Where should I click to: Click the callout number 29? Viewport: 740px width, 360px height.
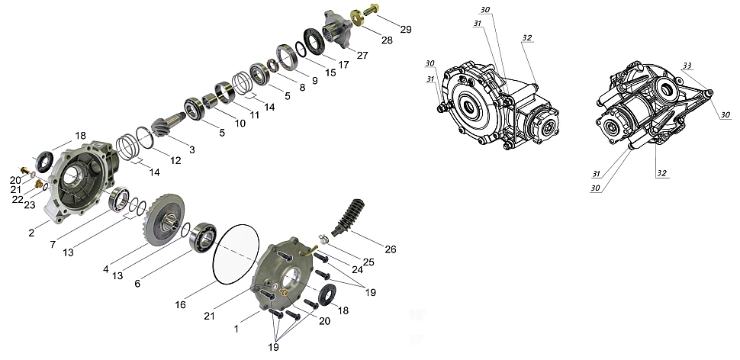pos(406,29)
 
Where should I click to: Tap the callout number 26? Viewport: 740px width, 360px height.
pos(391,249)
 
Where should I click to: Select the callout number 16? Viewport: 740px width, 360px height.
pos(180,305)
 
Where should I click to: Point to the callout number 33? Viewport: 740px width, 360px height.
pos(687,66)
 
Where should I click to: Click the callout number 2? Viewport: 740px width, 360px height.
pos(31,233)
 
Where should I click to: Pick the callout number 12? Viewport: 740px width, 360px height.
pos(175,160)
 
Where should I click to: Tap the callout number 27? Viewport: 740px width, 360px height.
pos(362,55)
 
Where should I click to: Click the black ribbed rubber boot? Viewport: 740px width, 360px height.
pos(350,217)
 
